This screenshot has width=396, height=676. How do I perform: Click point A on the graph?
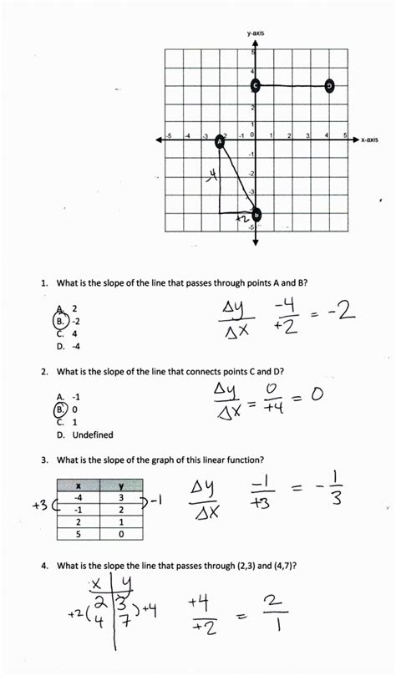point(221,142)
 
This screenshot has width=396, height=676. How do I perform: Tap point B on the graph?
point(256,215)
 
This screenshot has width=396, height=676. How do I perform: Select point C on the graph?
point(256,85)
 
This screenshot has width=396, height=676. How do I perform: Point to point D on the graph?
point(330,85)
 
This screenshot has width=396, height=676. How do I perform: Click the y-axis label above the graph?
point(256,33)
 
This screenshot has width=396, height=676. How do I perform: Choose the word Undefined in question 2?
point(92,435)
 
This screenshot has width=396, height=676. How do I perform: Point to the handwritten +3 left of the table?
point(39,504)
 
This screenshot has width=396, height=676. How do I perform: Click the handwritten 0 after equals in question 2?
point(317,394)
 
